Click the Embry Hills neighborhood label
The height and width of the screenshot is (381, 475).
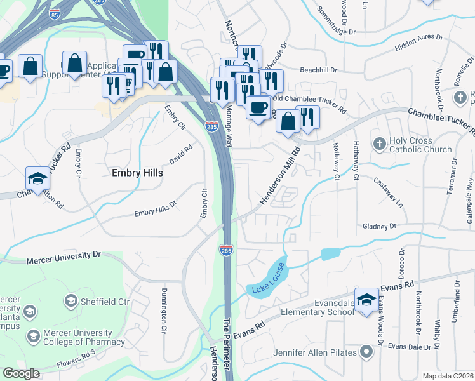137,173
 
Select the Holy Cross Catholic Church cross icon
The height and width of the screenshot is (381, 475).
380,142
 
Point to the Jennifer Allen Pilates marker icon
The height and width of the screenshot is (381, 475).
366,351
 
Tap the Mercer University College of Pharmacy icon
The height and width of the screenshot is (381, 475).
32,334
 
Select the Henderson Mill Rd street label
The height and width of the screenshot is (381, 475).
280,178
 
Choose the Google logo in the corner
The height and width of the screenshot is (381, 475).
21,373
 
